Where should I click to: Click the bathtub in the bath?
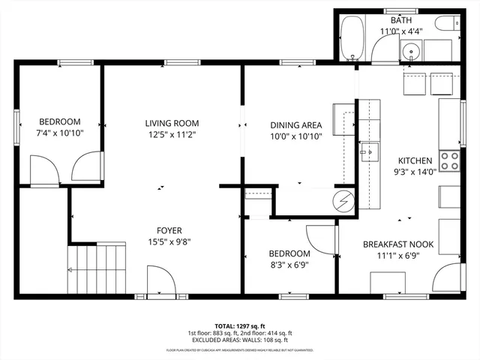(x=350, y=40)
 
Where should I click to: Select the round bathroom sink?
(x=409, y=52)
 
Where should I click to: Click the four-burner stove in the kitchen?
(x=449, y=160)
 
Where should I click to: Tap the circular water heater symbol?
(x=343, y=200)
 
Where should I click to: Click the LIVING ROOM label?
(x=172, y=123)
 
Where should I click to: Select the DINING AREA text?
(x=296, y=125)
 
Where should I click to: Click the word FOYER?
(x=169, y=230)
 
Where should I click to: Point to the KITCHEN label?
(x=414, y=160)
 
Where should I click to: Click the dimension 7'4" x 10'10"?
(x=60, y=133)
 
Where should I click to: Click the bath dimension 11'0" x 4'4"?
(x=401, y=31)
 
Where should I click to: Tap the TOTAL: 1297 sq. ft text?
(x=240, y=325)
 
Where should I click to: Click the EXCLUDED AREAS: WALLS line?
(x=240, y=340)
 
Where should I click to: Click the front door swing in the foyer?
(x=161, y=283)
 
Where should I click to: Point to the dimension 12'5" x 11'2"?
(x=172, y=135)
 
